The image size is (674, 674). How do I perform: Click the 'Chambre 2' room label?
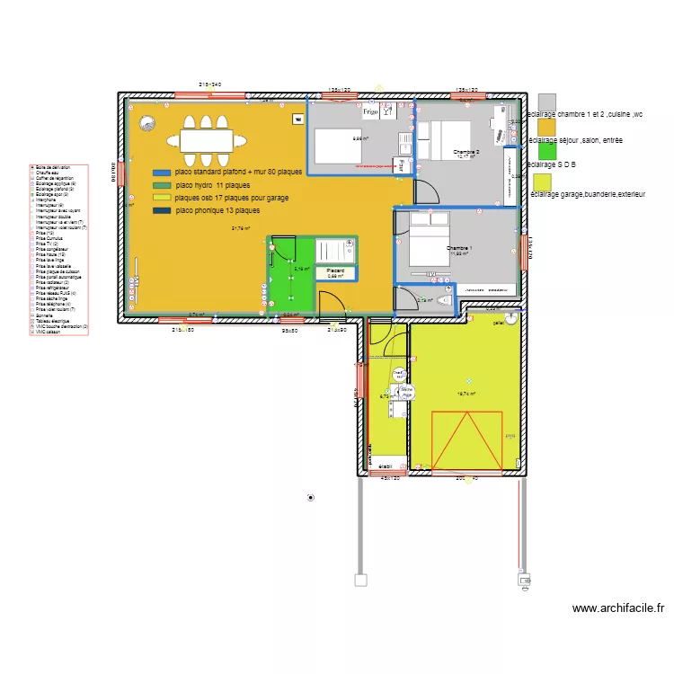point(466,152)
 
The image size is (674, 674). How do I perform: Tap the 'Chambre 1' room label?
point(459,247)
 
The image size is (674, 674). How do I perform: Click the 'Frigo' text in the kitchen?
point(369,113)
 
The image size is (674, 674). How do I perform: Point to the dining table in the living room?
point(206,140)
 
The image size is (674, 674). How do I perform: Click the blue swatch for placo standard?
point(163,172)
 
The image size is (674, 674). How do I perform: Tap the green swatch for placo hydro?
point(163,184)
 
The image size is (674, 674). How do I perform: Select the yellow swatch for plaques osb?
point(163,197)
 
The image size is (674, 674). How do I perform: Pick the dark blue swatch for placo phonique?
point(163,210)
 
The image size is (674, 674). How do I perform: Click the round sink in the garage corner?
point(510,318)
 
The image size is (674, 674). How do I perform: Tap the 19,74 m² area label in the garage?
point(466,393)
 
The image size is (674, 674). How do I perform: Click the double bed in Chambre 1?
point(429,240)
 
